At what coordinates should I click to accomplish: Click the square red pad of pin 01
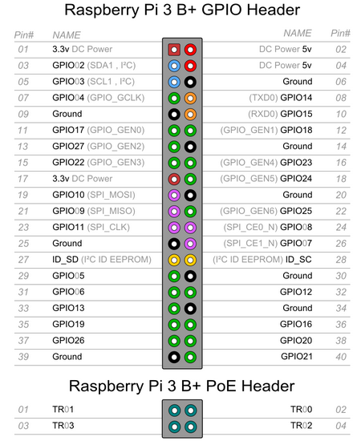pos(174,50)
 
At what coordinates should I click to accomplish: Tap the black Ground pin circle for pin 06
pos(190,82)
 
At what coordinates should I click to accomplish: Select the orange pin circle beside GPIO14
pos(190,98)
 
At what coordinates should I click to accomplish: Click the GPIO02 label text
pos(68,65)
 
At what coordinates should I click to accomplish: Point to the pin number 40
pos(341,357)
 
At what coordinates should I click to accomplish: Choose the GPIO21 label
pos(297,356)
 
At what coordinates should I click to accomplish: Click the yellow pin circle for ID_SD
pos(174,260)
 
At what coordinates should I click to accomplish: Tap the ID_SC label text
pos(298,259)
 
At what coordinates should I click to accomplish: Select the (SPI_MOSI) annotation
pos(112,195)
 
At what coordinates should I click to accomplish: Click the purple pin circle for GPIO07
pos(190,244)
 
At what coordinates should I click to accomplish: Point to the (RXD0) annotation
pos(263,114)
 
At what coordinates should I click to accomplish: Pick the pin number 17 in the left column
pos(23,179)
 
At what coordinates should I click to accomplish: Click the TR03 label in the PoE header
pos(63,426)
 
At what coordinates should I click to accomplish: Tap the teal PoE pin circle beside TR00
pos(190,411)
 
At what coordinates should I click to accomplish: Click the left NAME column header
pos(67,35)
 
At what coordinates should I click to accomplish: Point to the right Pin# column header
pos(340,33)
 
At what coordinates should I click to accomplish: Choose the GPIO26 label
pos(68,340)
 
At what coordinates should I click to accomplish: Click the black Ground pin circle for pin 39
pos(174,357)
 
